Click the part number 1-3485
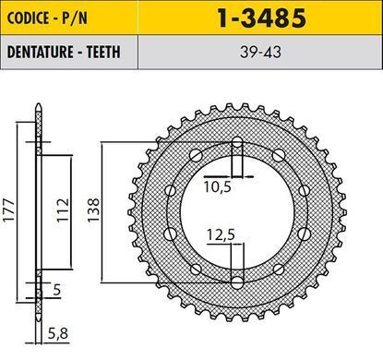tap(261, 18)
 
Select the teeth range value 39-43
tap(260, 53)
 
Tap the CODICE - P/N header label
tap(47, 18)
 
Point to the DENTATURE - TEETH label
tap(64, 52)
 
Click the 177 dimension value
tap(8, 210)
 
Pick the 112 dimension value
tap(63, 210)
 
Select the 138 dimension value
tap(93, 210)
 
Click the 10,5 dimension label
tap(218, 186)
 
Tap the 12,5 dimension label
tap(221, 235)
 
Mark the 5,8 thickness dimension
tap(58, 333)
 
